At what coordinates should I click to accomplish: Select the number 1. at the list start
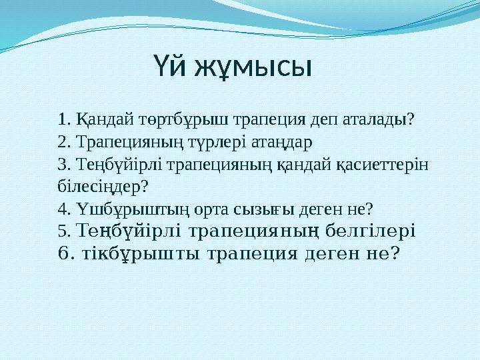pos(65,120)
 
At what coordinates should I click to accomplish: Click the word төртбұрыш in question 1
pos(163,120)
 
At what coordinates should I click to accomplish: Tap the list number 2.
pos(65,142)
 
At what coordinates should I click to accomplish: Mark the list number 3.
pos(65,164)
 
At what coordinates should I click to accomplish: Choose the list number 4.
pos(65,209)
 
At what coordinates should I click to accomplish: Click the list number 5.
pos(64,231)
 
